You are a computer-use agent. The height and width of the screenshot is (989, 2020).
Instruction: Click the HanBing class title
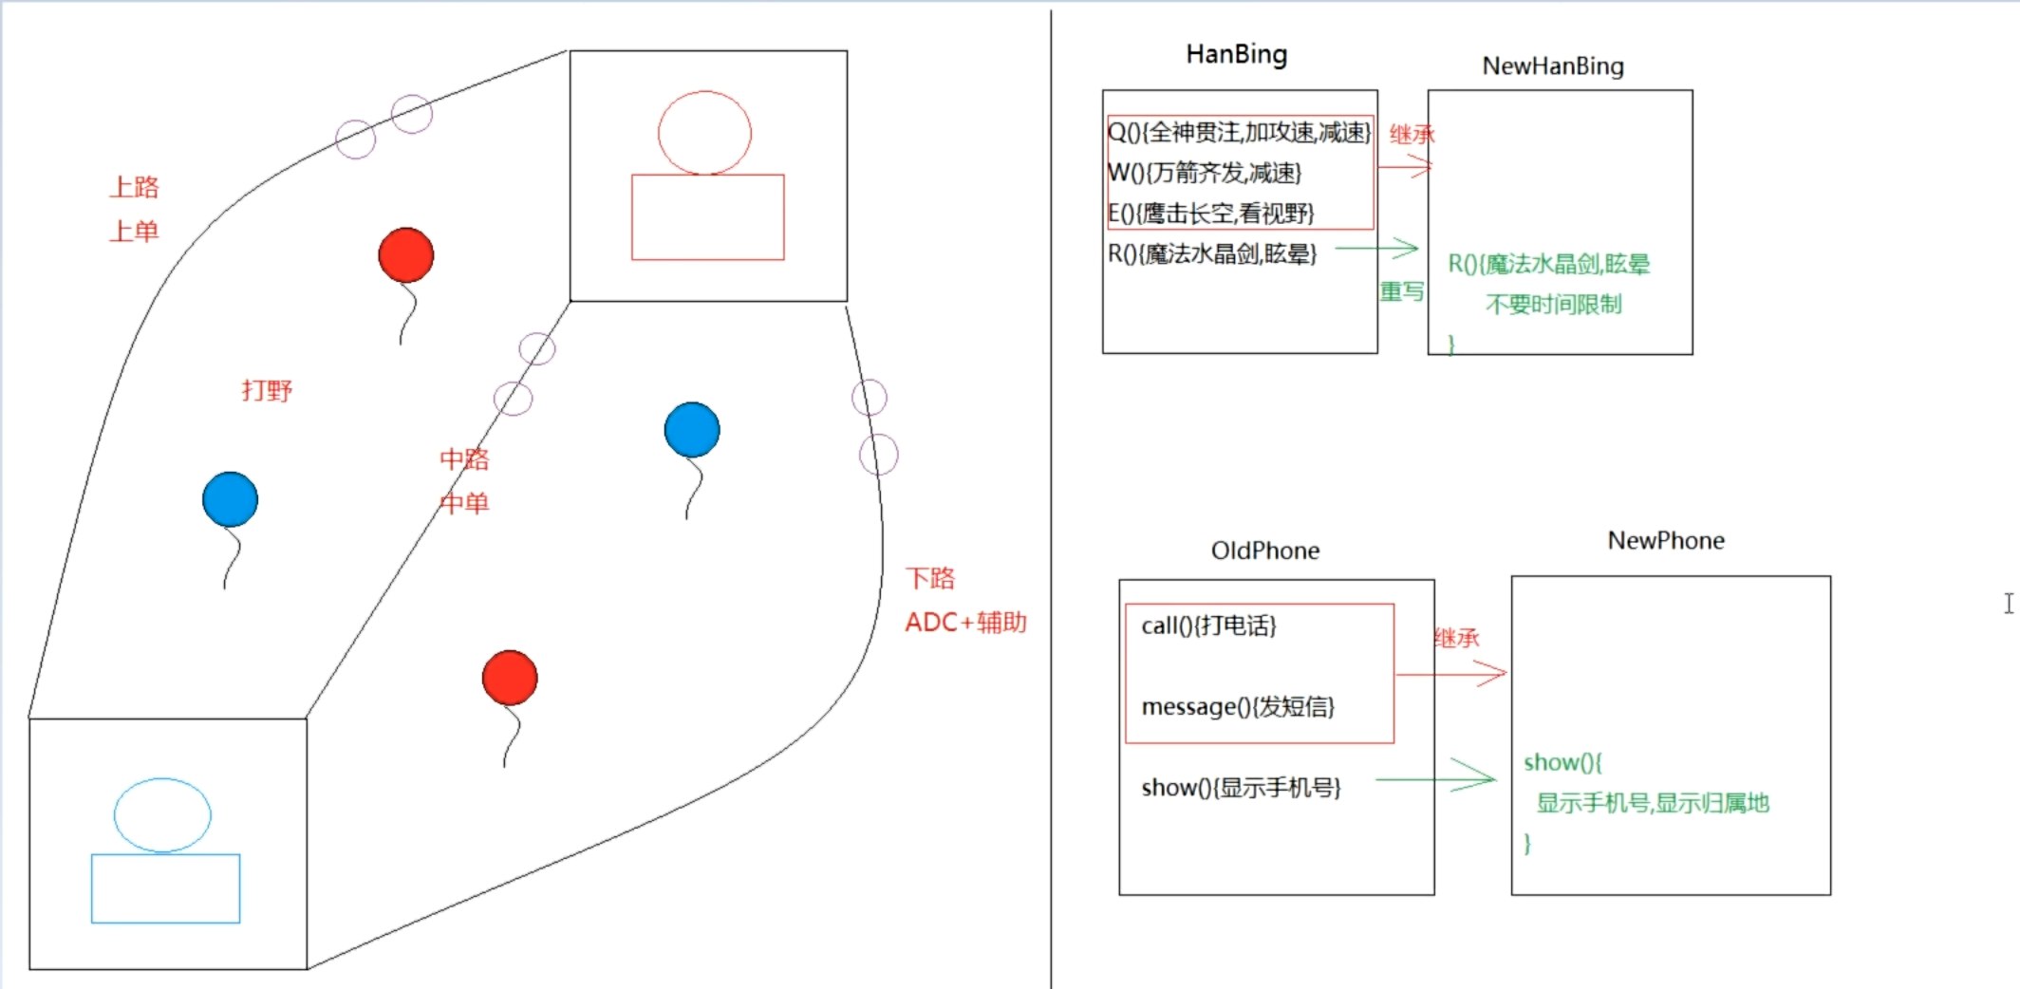click(x=1236, y=55)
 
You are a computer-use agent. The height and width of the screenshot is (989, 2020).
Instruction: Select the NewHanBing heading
click(x=1553, y=66)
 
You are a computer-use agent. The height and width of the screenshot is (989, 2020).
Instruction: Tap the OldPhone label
click(x=1264, y=551)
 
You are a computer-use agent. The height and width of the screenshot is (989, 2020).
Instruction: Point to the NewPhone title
click(x=1665, y=541)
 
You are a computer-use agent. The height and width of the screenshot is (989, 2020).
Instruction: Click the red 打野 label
click(x=267, y=390)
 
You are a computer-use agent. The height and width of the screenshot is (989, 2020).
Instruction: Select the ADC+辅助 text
click(x=965, y=623)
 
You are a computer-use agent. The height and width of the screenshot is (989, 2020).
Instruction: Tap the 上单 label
click(x=134, y=231)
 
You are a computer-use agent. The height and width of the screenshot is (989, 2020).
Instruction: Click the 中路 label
click(x=464, y=459)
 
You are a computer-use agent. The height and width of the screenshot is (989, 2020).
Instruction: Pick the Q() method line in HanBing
click(x=1239, y=132)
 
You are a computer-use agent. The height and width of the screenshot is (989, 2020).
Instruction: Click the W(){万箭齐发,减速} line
click(x=1205, y=173)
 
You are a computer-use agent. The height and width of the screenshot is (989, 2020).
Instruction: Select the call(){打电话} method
click(x=1208, y=625)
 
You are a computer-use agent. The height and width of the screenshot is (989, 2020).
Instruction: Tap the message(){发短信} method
click(x=1238, y=707)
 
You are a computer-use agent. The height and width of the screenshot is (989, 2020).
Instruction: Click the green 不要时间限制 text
click(x=1553, y=305)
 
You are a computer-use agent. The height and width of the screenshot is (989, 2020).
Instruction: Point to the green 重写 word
click(x=1401, y=291)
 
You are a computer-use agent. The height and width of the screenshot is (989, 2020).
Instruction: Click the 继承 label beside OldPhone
click(x=1456, y=638)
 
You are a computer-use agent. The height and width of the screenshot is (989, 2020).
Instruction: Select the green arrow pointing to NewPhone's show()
click(x=1435, y=778)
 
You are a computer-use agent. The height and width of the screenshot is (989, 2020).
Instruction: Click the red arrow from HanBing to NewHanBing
click(x=1404, y=167)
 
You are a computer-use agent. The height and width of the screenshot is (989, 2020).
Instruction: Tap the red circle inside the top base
click(x=704, y=133)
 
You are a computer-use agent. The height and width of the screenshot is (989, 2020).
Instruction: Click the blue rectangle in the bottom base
click(x=165, y=888)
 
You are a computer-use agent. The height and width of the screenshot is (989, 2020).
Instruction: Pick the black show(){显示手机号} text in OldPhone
click(x=1241, y=788)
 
